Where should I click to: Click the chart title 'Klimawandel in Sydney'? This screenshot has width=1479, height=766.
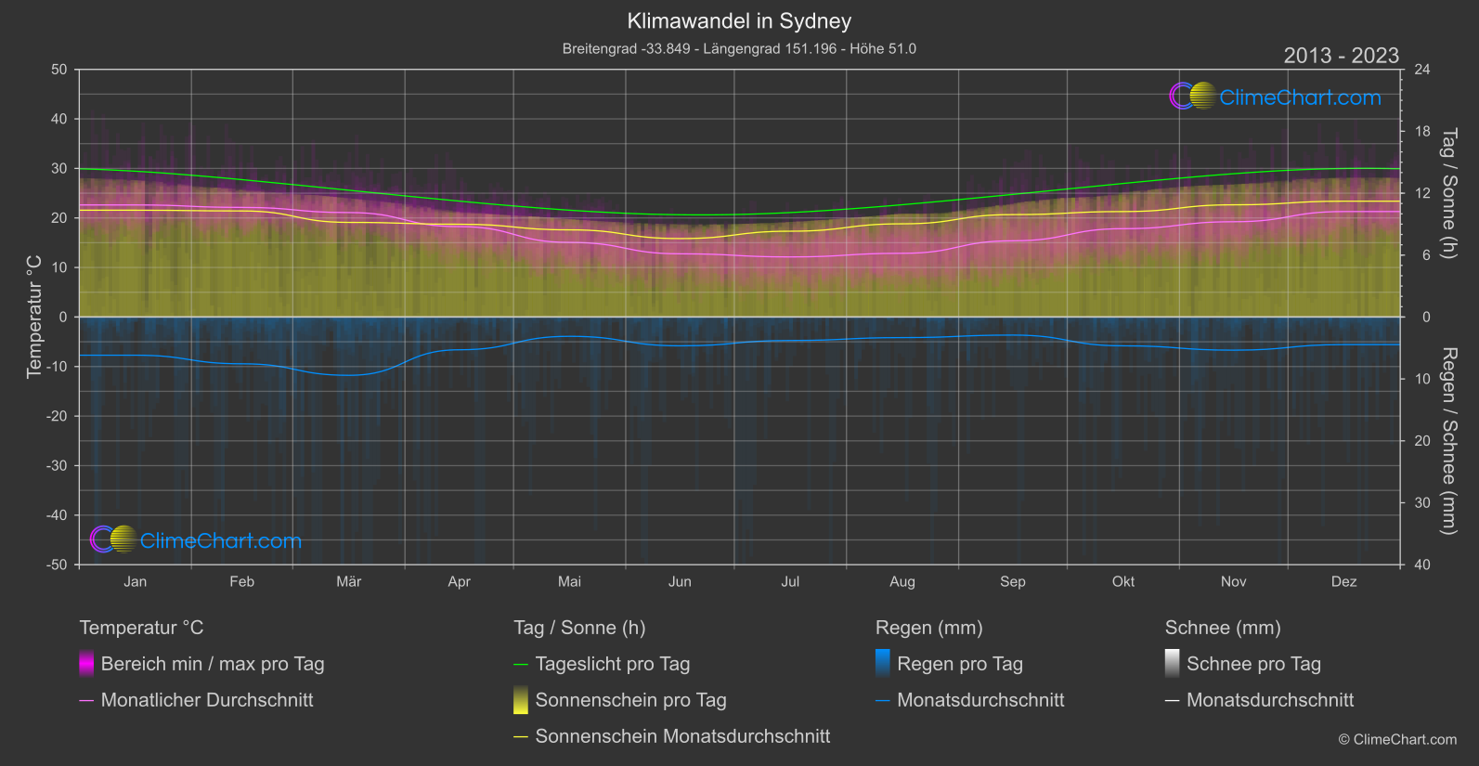[739, 21]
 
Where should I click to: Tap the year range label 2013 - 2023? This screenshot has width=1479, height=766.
[1341, 56]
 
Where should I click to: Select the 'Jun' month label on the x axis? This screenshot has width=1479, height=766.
[680, 581]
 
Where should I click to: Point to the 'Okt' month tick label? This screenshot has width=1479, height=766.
[1122, 581]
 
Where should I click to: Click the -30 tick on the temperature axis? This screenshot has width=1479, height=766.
[58, 466]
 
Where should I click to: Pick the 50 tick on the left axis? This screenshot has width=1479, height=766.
[59, 70]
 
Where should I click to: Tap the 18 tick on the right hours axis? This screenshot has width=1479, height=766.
[1421, 132]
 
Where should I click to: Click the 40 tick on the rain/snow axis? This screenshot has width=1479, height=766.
[1421, 565]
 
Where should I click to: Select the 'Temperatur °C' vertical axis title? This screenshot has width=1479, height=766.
[34, 317]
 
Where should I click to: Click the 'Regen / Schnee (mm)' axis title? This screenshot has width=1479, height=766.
[1448, 441]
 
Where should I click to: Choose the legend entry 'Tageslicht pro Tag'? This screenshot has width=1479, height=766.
[612, 664]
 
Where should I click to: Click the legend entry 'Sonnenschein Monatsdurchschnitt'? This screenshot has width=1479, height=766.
[682, 736]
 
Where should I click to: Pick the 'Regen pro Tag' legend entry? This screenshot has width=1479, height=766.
[959, 664]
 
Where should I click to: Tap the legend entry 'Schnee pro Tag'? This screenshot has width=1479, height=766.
[1252, 664]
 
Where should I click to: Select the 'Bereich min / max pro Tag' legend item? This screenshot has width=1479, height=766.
[212, 664]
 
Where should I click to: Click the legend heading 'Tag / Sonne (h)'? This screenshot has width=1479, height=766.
[579, 628]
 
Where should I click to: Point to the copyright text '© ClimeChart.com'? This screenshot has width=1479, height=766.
[1397, 740]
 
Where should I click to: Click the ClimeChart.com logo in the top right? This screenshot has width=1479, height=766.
[1275, 97]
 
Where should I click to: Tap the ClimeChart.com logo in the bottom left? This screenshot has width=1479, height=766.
[196, 540]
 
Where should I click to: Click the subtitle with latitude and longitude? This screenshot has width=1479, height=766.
[739, 48]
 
